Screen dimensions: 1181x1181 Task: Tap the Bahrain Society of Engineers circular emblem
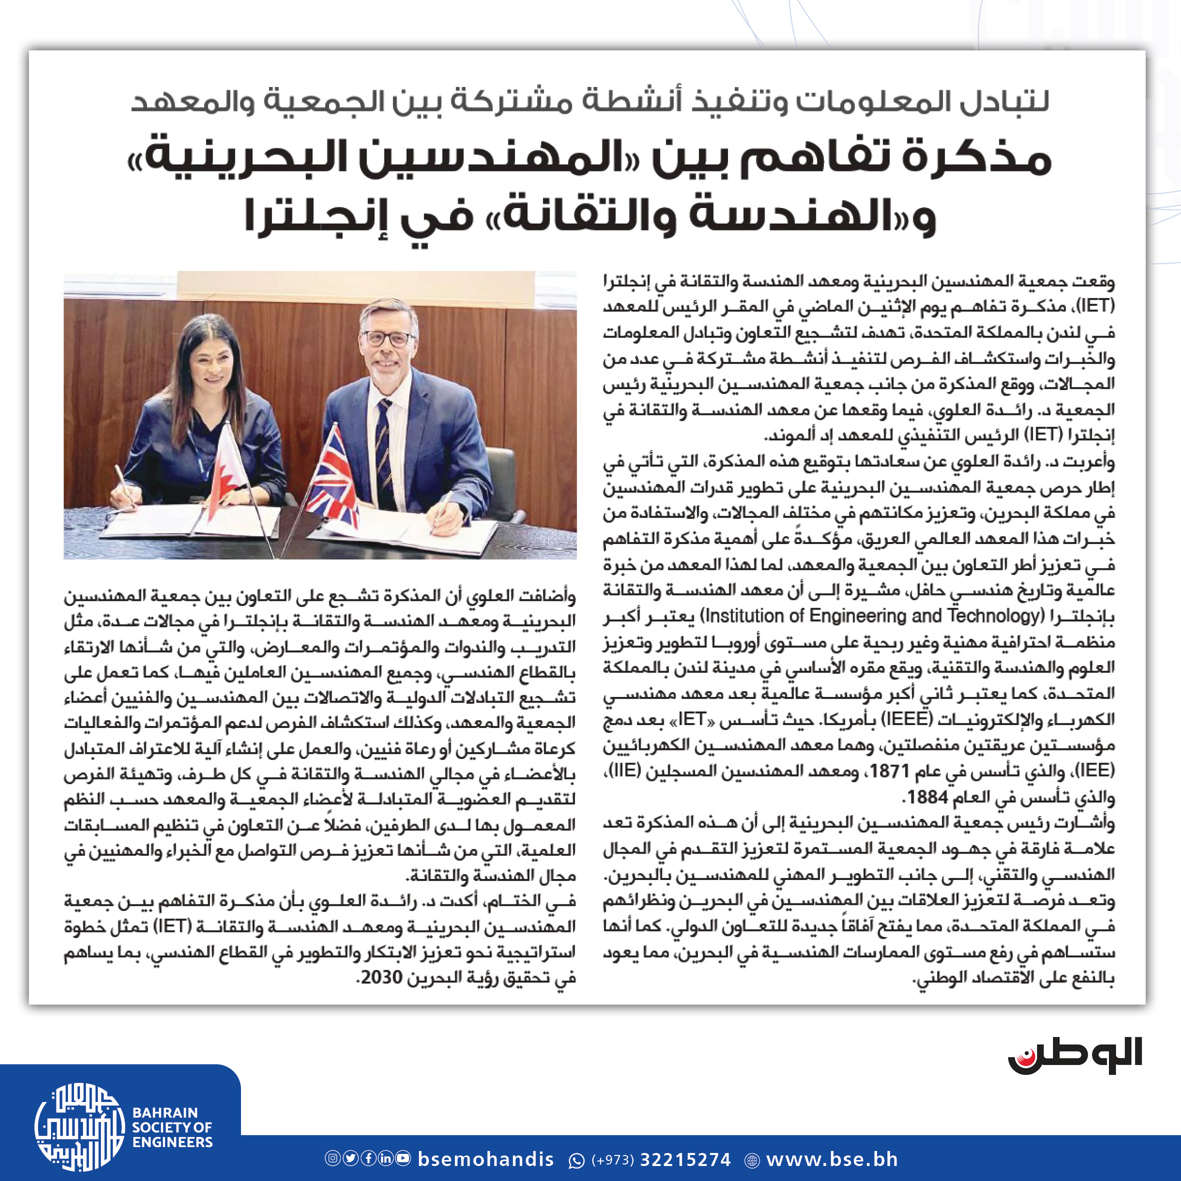[79, 1126]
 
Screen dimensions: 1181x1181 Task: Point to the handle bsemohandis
[486, 1159]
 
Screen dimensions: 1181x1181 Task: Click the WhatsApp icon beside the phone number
[576, 1159]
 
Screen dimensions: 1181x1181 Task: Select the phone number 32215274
[684, 1159]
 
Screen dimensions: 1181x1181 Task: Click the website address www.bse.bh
[832, 1159]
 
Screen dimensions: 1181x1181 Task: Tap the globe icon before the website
[752, 1159]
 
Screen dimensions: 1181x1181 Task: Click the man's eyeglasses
[387, 338]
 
